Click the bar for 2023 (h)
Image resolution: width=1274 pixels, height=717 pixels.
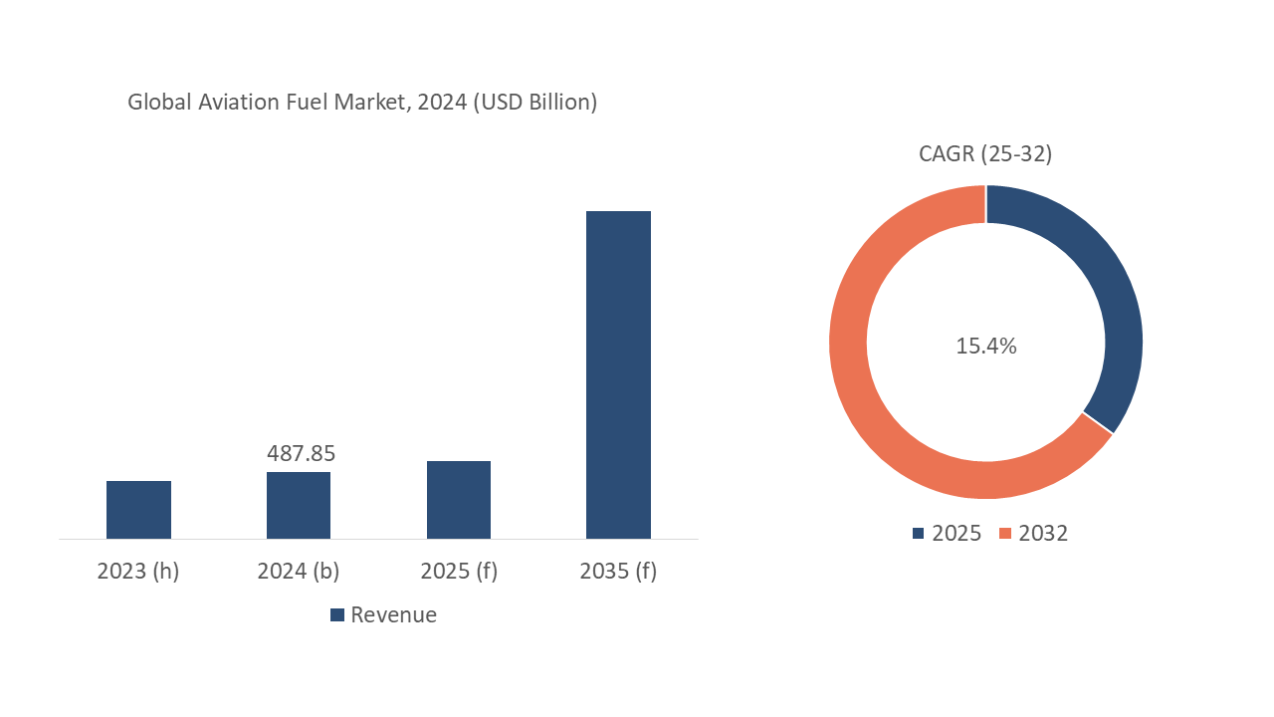click(x=138, y=510)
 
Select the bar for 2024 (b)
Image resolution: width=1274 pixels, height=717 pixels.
click(x=299, y=505)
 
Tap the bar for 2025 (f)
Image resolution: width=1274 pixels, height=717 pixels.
click(x=459, y=500)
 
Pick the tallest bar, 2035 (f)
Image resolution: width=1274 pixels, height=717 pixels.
click(x=618, y=374)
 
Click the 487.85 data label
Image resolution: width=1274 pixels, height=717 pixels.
click(x=301, y=453)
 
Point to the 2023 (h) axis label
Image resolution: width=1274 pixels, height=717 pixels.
click(x=138, y=572)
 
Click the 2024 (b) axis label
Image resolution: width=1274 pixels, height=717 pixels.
click(x=299, y=572)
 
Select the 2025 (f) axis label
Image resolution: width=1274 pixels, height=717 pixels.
click(x=459, y=572)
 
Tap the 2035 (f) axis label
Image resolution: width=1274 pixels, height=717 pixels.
click(x=618, y=572)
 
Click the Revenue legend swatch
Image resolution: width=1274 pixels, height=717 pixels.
click(x=337, y=615)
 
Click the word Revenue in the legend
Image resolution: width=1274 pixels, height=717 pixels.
click(x=394, y=614)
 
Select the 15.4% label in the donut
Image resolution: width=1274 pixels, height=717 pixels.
click(x=986, y=347)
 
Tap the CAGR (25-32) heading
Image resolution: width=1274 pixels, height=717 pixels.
click(x=985, y=153)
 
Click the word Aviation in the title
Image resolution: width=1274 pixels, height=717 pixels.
click(x=233, y=102)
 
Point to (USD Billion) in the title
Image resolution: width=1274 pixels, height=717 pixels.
click(x=534, y=102)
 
